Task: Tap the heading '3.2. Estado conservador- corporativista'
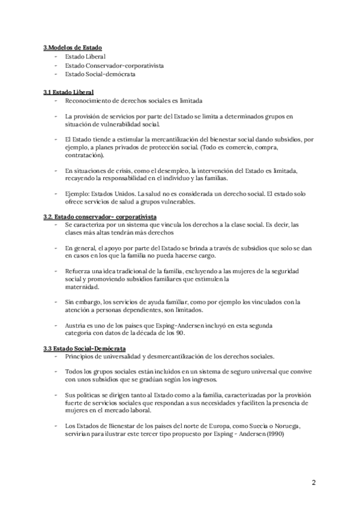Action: click(100, 215)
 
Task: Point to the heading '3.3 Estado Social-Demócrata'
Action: click(85, 348)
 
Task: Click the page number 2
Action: click(314, 483)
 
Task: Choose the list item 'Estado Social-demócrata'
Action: click(100, 74)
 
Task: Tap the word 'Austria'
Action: click(76, 325)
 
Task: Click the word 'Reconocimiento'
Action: click(86, 101)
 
